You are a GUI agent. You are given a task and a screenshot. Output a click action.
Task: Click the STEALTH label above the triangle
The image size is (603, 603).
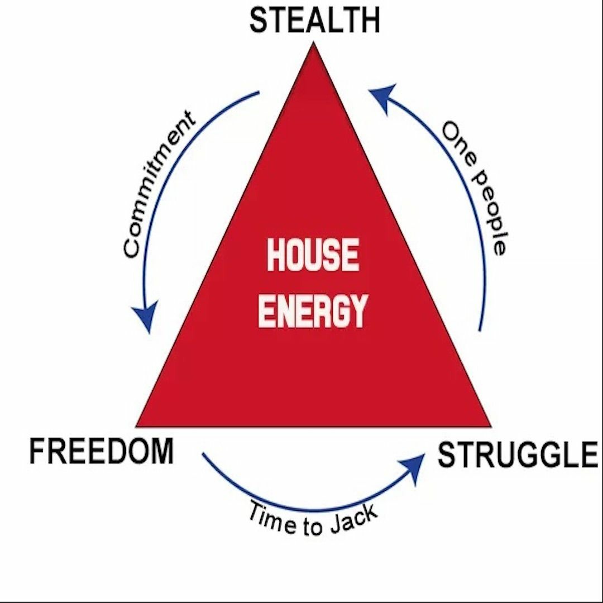314,21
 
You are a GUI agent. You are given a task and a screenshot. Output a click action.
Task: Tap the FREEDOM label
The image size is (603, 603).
101,451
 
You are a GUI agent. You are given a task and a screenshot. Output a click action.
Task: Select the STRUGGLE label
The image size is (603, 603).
518,455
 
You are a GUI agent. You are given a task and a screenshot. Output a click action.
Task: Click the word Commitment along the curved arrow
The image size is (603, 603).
159,184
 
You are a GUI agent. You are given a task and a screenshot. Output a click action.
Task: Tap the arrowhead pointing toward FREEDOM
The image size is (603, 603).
146,318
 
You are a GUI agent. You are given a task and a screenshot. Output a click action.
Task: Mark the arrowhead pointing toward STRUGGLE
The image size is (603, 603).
413,463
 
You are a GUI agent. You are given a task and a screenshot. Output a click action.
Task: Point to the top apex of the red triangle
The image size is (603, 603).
313,45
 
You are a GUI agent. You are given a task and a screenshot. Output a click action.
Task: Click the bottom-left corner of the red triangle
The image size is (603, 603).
137,426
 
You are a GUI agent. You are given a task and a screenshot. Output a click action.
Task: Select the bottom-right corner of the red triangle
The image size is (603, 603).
490,426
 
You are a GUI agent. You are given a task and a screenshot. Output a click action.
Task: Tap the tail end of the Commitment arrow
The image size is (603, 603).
259,93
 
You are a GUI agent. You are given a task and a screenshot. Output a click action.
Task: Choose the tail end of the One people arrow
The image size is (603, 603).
480,331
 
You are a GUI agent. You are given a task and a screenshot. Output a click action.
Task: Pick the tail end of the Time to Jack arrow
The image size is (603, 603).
203,453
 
